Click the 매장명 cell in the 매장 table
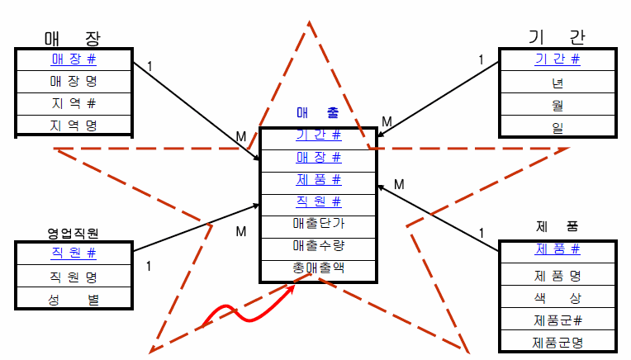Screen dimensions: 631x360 [x=74, y=82]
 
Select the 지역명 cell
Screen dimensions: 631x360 [x=74, y=126]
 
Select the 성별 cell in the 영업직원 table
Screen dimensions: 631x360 [x=74, y=300]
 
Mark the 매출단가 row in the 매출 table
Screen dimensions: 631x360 [x=318, y=223]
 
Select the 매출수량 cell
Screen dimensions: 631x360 [x=318, y=245]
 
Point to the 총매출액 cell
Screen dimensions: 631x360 [x=318, y=268]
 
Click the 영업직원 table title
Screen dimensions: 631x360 [x=73, y=234]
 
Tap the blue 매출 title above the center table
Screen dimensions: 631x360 [x=317, y=115]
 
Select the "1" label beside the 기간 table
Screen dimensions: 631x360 [x=481, y=59]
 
